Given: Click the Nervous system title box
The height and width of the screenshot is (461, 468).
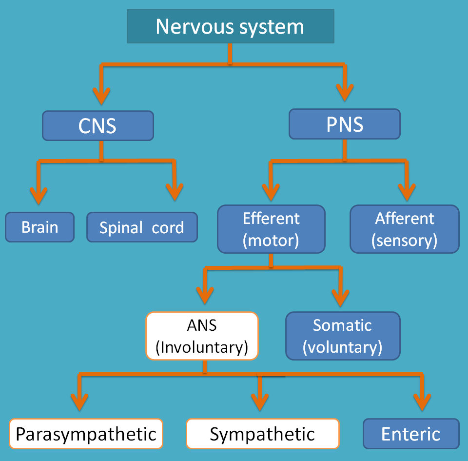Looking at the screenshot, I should click(230, 26).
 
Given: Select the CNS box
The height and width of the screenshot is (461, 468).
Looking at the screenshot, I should click(97, 125).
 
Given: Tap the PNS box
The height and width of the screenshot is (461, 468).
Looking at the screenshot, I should click(344, 124).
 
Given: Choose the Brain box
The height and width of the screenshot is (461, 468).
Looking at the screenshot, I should click(40, 227).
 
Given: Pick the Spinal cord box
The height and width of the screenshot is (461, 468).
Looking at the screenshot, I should click(142, 227).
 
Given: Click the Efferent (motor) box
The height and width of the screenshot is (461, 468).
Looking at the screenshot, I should click(271, 229).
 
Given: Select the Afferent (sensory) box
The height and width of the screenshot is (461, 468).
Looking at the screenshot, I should click(405, 229).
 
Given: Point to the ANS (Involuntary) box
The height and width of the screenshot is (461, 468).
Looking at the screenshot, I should click(202, 336).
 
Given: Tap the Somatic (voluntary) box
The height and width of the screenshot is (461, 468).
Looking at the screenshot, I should click(342, 336).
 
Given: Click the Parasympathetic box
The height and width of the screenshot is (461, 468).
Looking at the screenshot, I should click(86, 434).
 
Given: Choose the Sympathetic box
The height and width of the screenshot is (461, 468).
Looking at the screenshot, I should click(262, 434).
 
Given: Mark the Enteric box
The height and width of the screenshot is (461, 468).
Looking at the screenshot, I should click(411, 434).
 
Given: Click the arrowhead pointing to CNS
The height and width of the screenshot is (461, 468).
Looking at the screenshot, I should click(101, 95).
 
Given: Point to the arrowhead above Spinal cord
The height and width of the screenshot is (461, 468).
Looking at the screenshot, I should click(174, 193).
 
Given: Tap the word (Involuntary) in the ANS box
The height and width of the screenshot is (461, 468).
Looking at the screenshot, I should click(202, 347).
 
